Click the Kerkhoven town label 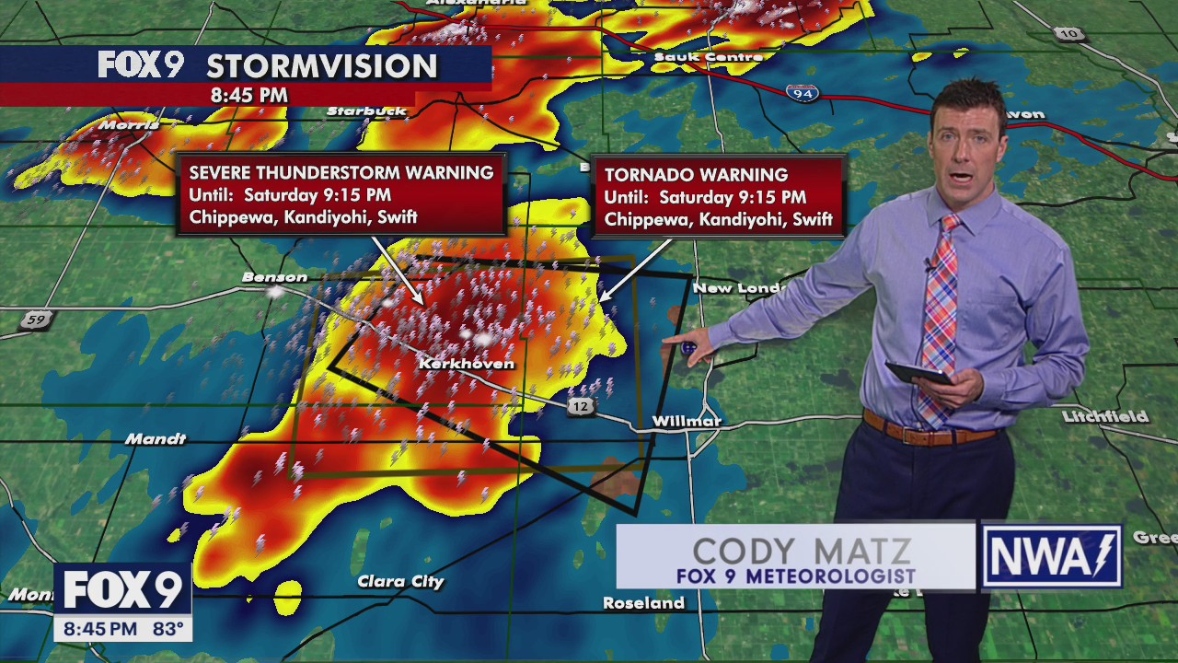467,364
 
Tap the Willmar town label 687,422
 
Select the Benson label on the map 274,277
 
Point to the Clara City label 400,582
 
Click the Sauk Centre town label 708,57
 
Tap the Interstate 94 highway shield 803,93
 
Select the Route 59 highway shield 36,320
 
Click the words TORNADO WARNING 696,175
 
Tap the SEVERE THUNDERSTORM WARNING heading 341,173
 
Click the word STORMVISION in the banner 321,66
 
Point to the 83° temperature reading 168,630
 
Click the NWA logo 1051,557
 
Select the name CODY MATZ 801,552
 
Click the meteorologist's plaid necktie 940,313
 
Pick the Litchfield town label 1104,417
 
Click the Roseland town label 643,603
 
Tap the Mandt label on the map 156,439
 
